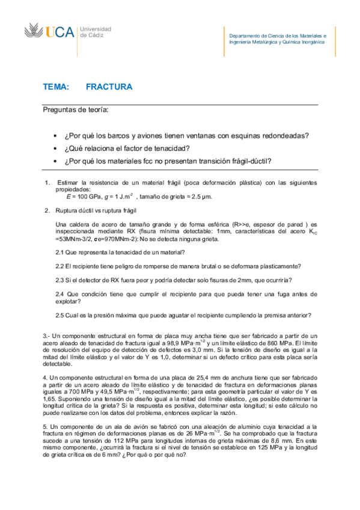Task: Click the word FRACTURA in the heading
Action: [109, 87]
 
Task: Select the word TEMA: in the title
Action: [56, 87]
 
